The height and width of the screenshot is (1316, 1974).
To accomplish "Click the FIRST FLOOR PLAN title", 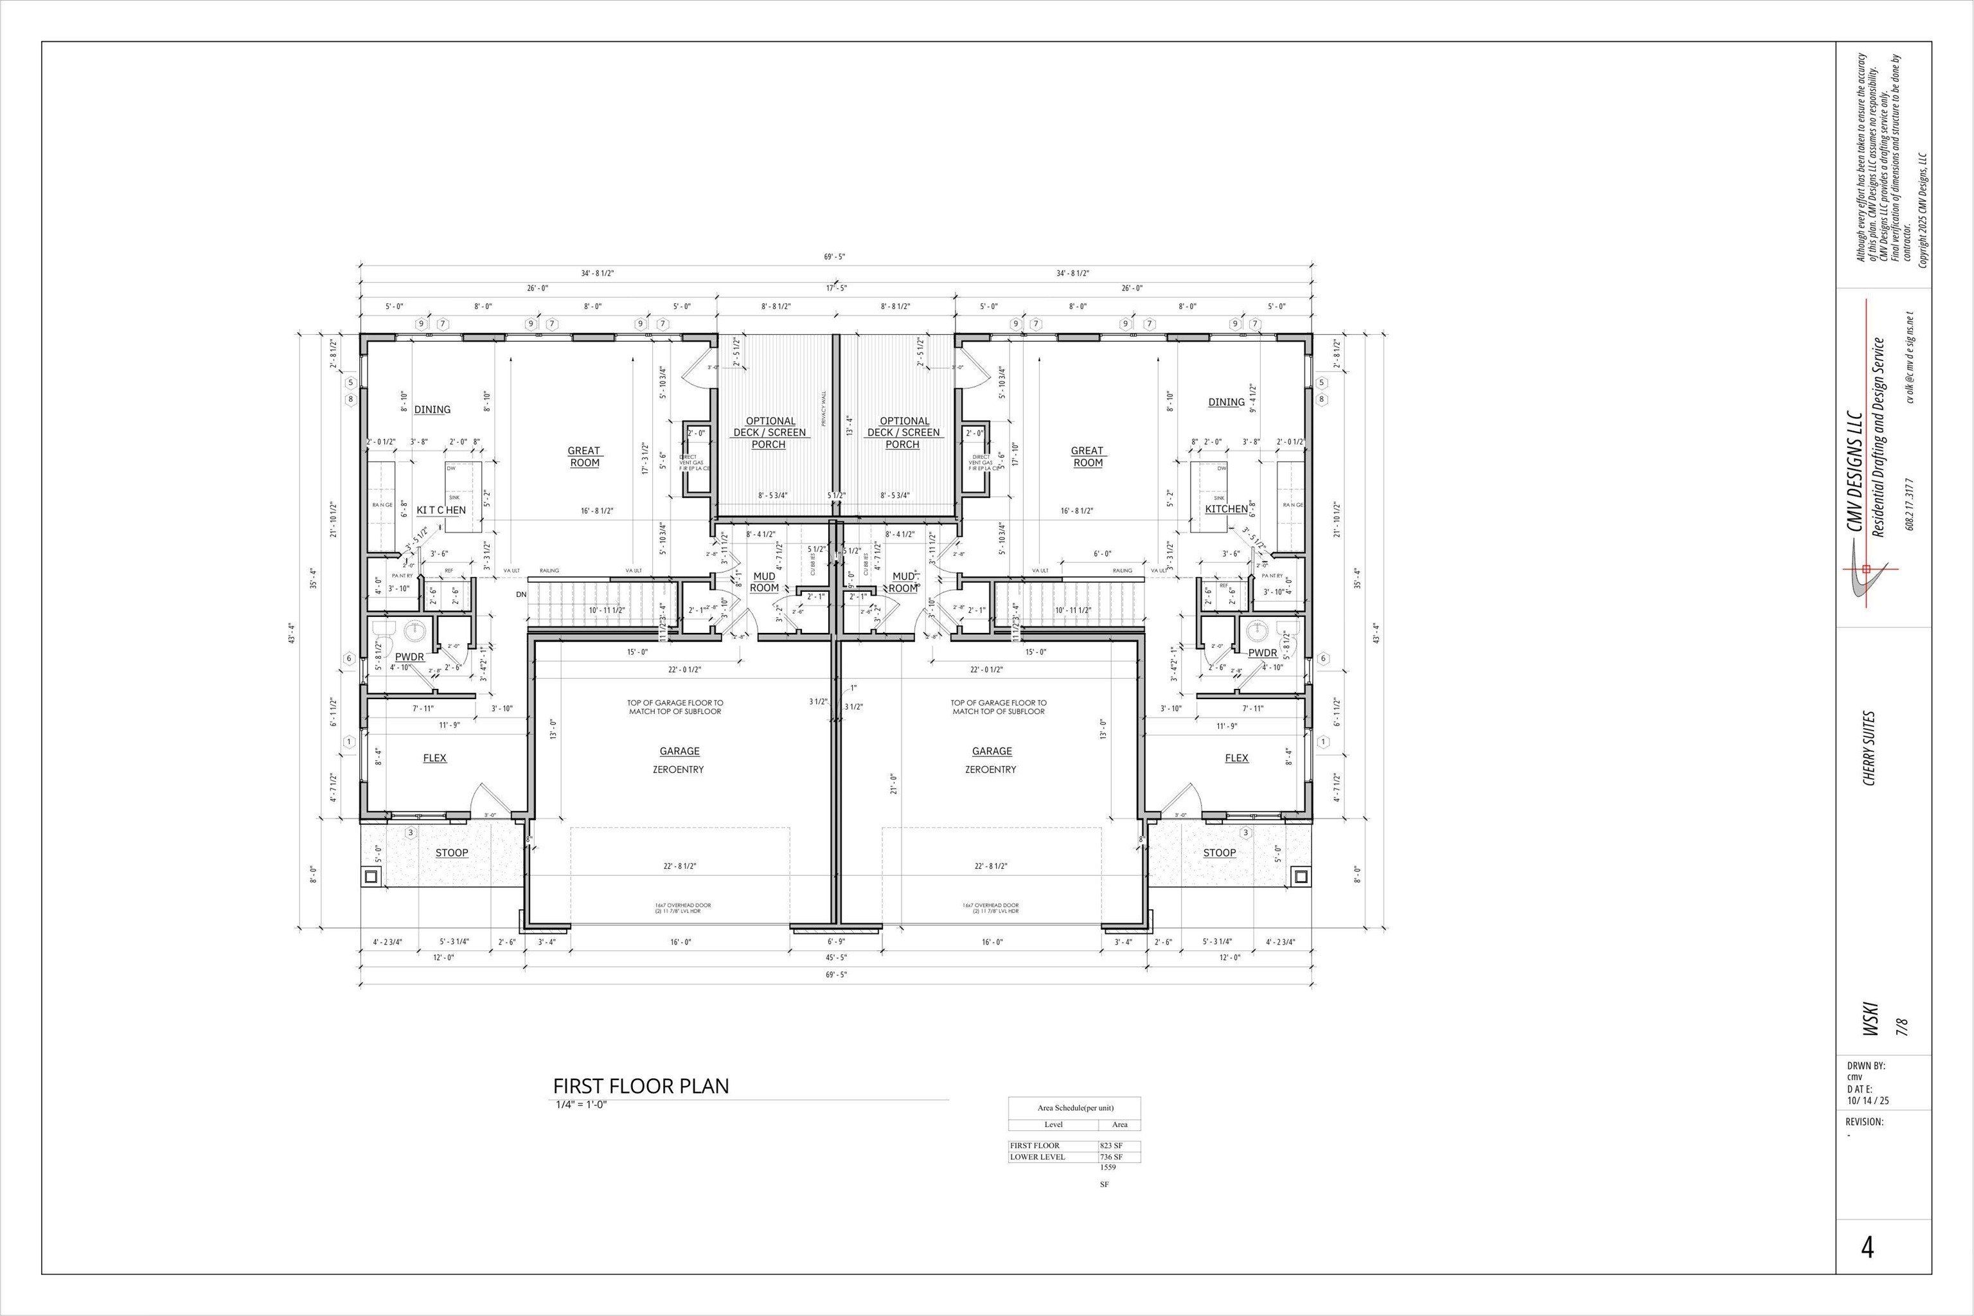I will coord(641,1086).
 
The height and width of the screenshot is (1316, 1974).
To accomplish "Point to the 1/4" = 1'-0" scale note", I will coord(580,1105).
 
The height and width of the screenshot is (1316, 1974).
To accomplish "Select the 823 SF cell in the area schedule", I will coord(1111,1146).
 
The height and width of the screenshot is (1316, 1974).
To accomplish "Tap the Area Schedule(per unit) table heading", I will coord(1075,1108).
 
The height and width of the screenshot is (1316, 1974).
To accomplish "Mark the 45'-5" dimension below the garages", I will coord(836,957).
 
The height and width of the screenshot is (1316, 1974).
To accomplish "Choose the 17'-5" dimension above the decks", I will coord(836,288).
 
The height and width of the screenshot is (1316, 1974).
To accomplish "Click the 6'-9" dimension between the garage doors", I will coord(836,941).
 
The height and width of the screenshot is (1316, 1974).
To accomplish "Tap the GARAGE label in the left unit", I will coord(679,751).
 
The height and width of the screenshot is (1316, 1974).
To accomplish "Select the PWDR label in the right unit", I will coord(1261,653).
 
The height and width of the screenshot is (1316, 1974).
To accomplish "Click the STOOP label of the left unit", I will coord(452,853).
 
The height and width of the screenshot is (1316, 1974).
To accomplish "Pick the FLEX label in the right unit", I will coord(1236,758).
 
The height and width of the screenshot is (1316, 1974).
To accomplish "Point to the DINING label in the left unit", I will coord(432,409).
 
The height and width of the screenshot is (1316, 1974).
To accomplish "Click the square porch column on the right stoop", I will coord(1301,877).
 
